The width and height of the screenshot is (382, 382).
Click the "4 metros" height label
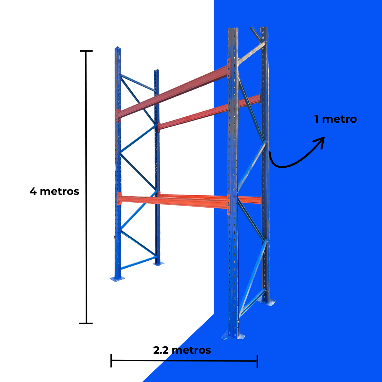(54, 191)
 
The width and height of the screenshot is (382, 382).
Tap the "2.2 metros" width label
(182, 350)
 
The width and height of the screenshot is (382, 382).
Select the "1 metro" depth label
(335, 119)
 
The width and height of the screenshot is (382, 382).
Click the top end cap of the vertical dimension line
(86, 51)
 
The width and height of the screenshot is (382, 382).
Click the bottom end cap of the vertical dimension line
(86, 323)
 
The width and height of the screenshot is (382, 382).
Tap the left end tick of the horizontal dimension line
(111, 360)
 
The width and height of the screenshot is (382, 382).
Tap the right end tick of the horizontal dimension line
(257, 361)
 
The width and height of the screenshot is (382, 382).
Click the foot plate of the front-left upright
(117, 278)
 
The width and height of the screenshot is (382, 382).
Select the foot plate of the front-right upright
(233, 336)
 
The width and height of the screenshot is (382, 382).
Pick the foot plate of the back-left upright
(158, 264)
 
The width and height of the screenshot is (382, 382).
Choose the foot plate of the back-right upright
(267, 302)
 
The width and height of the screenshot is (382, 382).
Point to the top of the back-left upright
(156, 70)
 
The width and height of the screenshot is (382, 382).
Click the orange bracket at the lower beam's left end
(119, 198)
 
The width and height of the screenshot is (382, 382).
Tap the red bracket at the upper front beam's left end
(118, 115)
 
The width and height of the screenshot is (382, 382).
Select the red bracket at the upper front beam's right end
(229, 69)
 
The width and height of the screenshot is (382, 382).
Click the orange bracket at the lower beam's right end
(228, 205)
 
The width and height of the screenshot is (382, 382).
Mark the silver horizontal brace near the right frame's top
(251, 53)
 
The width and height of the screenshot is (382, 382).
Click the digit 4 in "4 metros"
(33, 191)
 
